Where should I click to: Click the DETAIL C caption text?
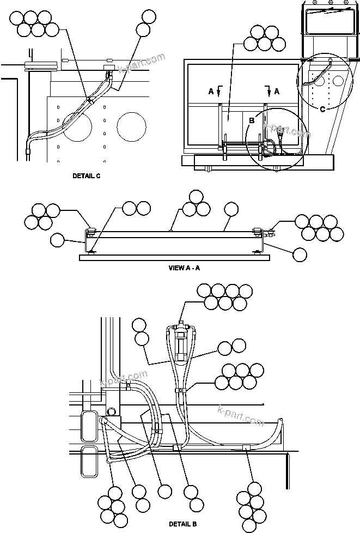[86, 176]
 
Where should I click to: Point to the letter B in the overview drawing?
[252, 121]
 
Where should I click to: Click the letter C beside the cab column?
[322, 109]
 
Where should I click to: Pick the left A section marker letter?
[211, 92]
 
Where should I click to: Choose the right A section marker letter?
[276, 92]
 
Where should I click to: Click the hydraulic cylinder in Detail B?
[181, 343]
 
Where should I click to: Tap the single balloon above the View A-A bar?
[231, 209]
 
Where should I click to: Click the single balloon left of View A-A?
[57, 240]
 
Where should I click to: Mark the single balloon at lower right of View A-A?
[300, 253]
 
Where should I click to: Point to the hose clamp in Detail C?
[89, 100]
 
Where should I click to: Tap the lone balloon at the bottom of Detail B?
[164, 492]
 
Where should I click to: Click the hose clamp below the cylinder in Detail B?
[180, 390]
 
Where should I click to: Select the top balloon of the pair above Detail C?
[148, 16]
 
